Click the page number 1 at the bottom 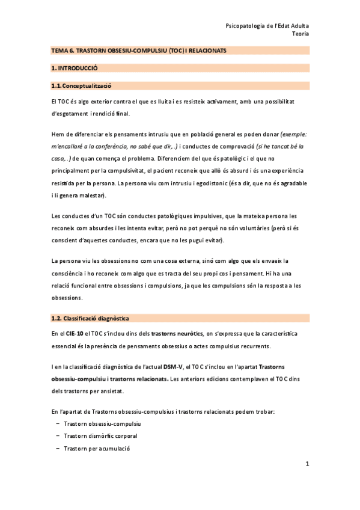coord(307,464)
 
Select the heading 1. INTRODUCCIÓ coord(75,69)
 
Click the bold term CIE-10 coord(75,333)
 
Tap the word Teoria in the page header coord(300,34)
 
